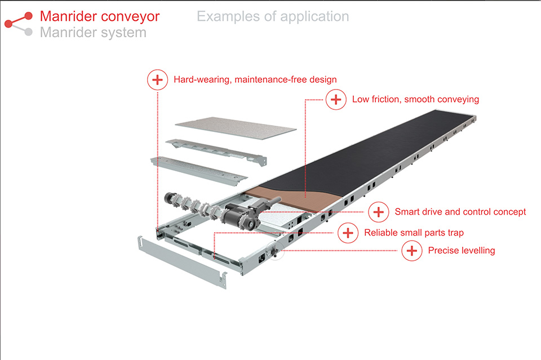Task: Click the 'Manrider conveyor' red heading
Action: click(100, 16)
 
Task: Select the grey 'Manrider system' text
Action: click(93, 33)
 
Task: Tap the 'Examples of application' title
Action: click(273, 16)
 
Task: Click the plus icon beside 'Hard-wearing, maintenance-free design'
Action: click(157, 80)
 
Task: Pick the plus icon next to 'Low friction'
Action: click(336, 100)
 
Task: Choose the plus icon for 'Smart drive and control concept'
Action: click(379, 212)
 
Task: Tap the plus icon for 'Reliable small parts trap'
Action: click(348, 233)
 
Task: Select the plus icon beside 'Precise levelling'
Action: click(412, 251)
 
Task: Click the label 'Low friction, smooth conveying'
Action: click(415, 100)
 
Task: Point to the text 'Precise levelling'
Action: click(462, 251)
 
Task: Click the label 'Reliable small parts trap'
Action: click(414, 233)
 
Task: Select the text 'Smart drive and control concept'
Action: click(460, 212)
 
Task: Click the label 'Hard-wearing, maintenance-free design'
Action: click(255, 80)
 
